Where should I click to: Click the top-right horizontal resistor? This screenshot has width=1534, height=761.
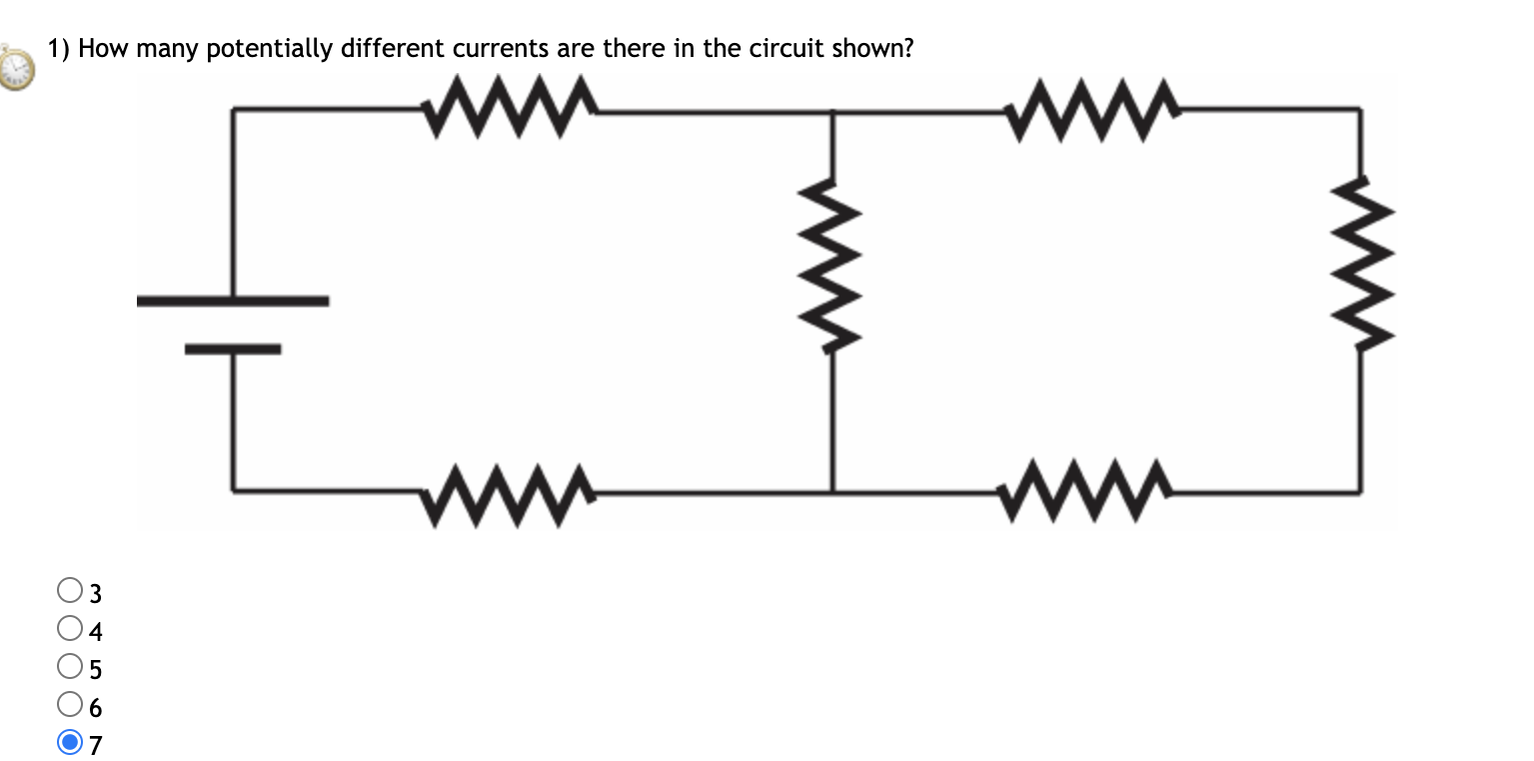tap(1093, 108)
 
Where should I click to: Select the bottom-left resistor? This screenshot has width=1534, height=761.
tap(510, 492)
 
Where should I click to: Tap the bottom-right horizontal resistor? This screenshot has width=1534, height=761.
tap(1085, 492)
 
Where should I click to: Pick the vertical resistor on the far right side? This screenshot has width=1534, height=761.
tap(1359, 264)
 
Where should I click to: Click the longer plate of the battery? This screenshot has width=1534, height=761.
tap(233, 300)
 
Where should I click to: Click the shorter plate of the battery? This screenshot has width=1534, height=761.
tap(233, 349)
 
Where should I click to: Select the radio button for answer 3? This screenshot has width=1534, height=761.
tap(69, 591)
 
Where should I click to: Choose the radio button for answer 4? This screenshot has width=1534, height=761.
tap(69, 629)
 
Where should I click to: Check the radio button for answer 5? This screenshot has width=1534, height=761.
tap(69, 666)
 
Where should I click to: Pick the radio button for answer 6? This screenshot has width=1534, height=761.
tap(69, 705)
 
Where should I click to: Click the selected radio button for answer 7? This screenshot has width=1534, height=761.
tap(69, 743)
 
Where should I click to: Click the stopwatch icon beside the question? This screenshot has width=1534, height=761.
tap(16, 66)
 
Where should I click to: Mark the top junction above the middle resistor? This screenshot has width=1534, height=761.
tap(832, 113)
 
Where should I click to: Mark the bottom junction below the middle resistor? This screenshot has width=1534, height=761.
tap(832, 492)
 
